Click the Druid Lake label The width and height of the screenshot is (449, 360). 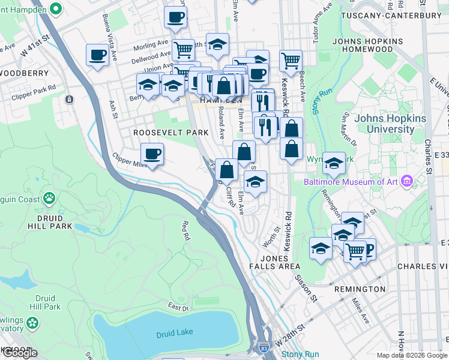point(173,334)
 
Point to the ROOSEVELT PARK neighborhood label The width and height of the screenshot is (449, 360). point(170,132)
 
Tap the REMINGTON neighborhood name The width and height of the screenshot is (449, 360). point(360,289)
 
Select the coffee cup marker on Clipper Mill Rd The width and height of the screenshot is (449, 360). point(152,154)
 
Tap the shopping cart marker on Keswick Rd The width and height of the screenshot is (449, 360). point(290,60)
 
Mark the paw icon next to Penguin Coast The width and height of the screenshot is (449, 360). point(49,199)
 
